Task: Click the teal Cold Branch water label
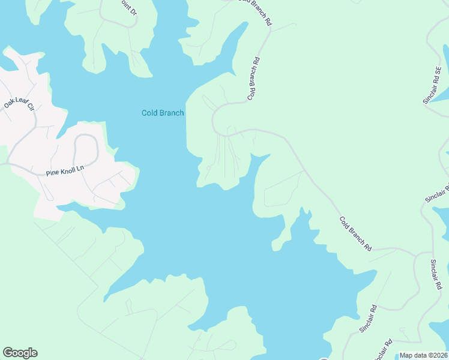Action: pyautogui.click(x=163, y=113)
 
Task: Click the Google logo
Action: pyautogui.click(x=20, y=353)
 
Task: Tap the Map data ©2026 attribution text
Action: pyautogui.click(x=424, y=355)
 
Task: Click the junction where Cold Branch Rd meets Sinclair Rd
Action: pyautogui.click(x=415, y=254)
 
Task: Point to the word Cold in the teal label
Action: pyautogui.click(x=149, y=113)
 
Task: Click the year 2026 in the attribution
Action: pyautogui.click(x=439, y=355)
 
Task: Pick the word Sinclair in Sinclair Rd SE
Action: pyautogui.click(x=430, y=92)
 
